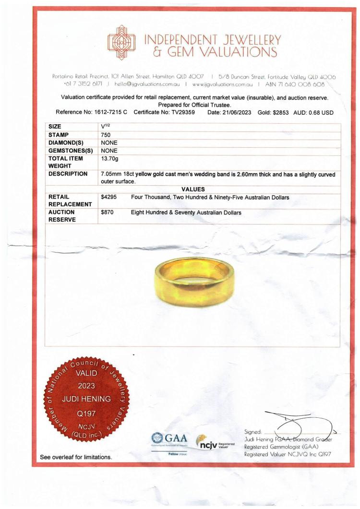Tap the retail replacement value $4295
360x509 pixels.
(x=109, y=197)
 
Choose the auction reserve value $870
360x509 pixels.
(x=108, y=212)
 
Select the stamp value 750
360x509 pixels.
(x=106, y=135)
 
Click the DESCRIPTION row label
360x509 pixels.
(x=68, y=174)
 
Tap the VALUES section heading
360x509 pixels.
(x=193, y=189)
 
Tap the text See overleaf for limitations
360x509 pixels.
(x=76, y=457)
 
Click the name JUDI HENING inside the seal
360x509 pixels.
(x=86, y=399)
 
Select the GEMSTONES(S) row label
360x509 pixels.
(x=71, y=150)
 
